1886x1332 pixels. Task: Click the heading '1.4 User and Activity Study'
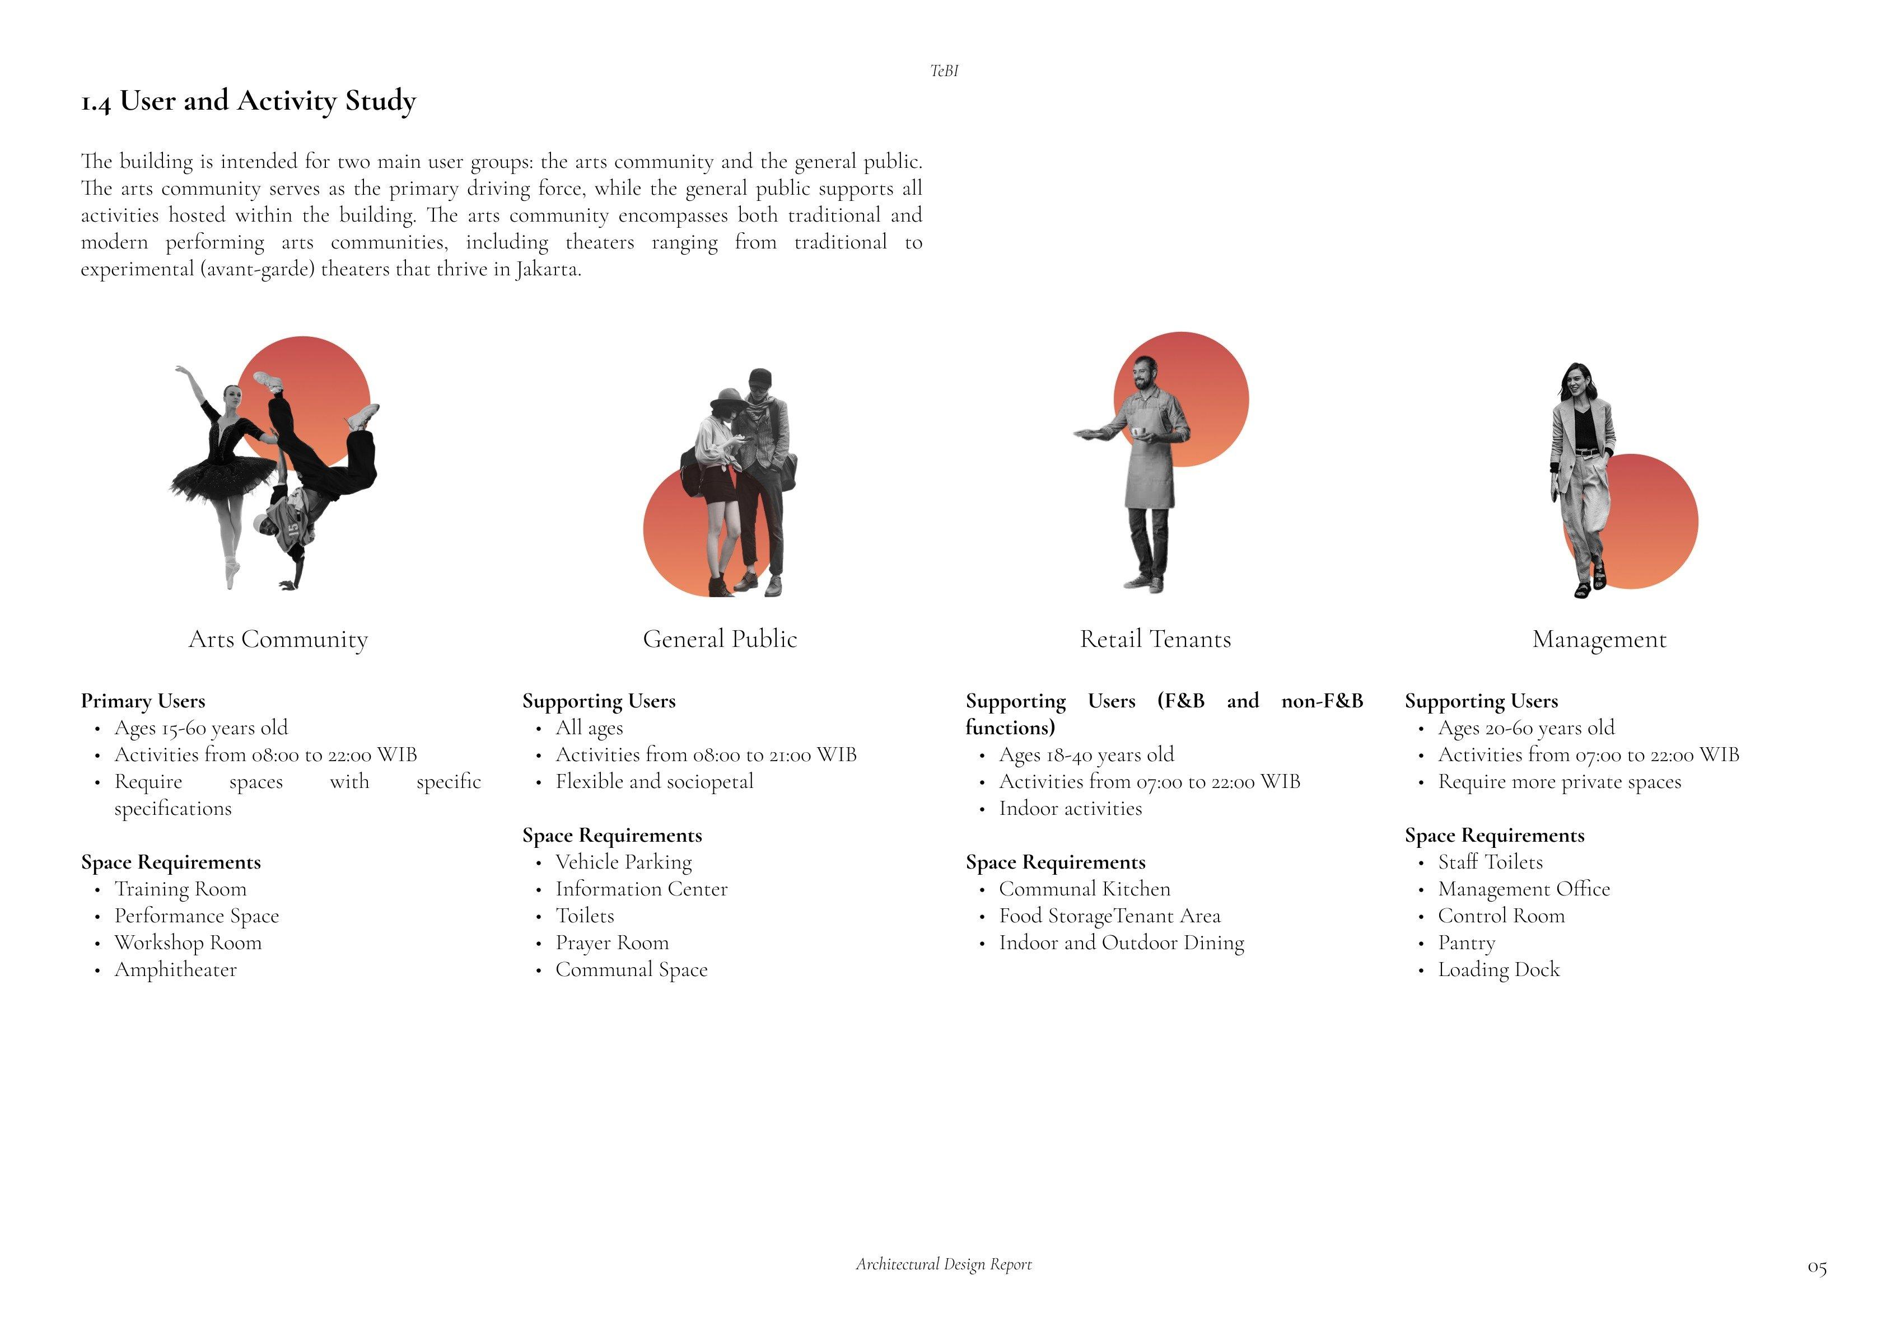click(x=248, y=101)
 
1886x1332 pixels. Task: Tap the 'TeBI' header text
click(x=944, y=72)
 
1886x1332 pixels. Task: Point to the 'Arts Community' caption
click(x=278, y=639)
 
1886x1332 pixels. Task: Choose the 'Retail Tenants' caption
click(x=1155, y=639)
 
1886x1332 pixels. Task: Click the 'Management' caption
click(x=1599, y=639)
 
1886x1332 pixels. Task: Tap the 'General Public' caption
click(x=720, y=639)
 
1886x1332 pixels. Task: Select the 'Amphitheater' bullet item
click(x=175, y=970)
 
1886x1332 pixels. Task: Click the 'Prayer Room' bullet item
click(x=612, y=942)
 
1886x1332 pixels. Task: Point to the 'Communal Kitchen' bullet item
click(x=1084, y=889)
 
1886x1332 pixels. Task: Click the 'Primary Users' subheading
click(x=143, y=701)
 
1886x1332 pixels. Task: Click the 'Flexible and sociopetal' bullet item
click(x=654, y=782)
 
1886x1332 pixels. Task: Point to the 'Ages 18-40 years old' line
click(x=1086, y=754)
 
